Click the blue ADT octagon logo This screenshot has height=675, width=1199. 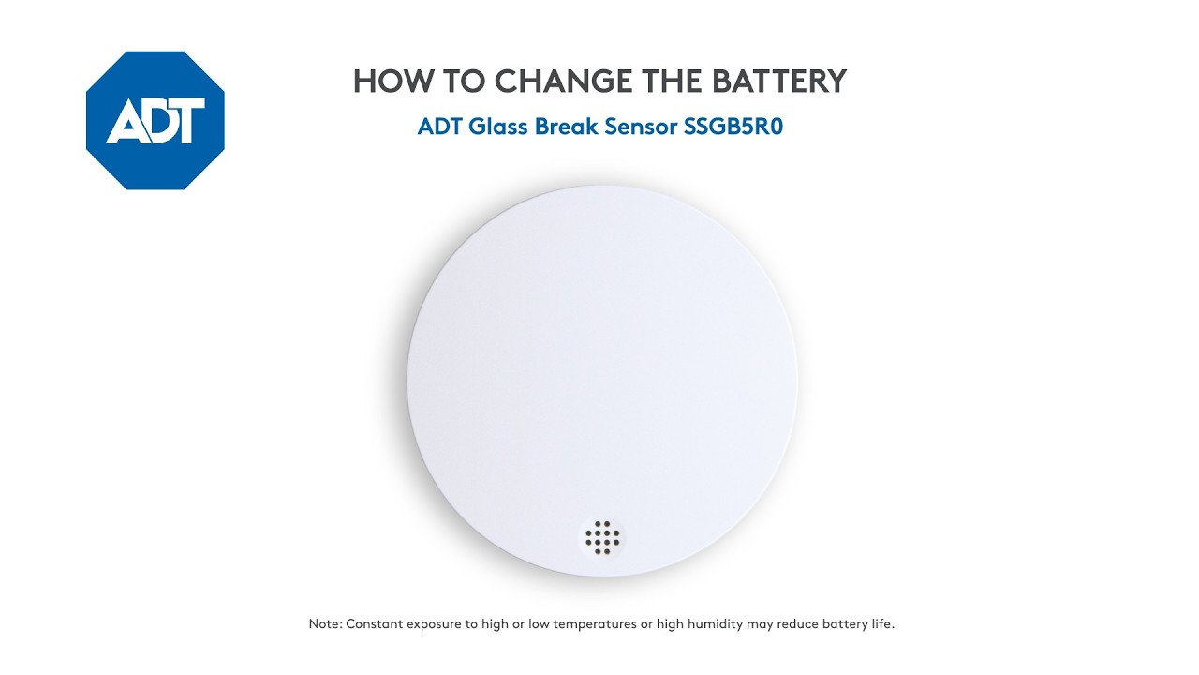pyautogui.click(x=155, y=121)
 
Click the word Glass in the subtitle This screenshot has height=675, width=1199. pyautogui.click(x=498, y=127)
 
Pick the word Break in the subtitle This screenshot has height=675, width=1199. pyautogui.click(x=567, y=127)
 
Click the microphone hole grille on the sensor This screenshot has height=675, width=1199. pyautogui.click(x=603, y=537)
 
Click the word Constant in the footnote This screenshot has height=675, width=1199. pyautogui.click(x=375, y=624)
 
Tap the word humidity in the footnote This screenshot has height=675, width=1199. pyautogui.click(x=714, y=624)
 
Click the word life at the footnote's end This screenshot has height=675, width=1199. pyautogui.click(x=881, y=624)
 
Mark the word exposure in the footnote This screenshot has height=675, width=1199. pyautogui.click(x=435, y=624)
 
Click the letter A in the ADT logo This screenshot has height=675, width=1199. pyautogui.click(x=124, y=122)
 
